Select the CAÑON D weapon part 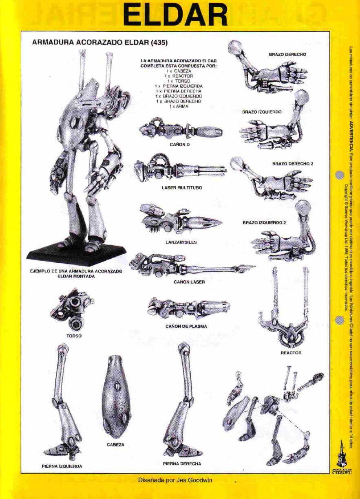point(181,130)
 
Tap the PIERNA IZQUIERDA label point(62,466)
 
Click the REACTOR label point(291,353)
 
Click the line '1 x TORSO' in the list point(179,81)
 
